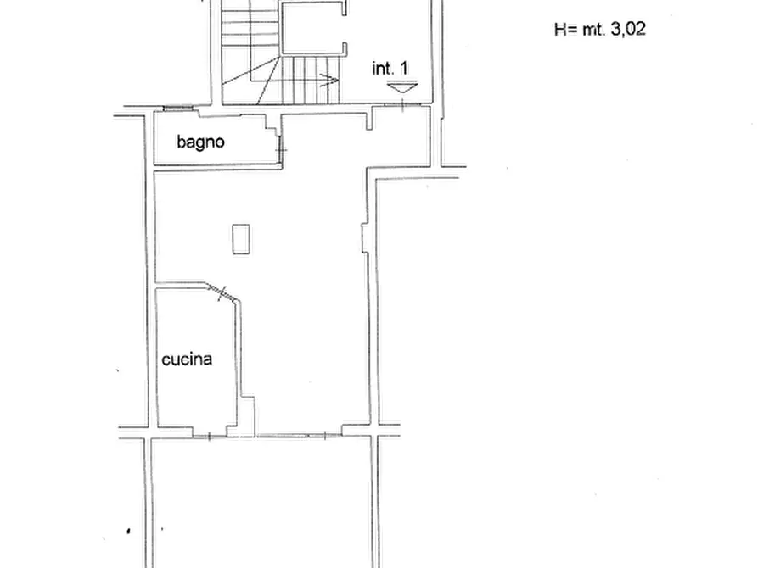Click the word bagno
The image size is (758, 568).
201,142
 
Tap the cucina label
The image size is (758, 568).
187,359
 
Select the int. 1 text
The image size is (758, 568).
390,68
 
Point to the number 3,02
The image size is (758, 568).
628,29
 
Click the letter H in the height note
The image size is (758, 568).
560,29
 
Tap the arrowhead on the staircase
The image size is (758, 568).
330,81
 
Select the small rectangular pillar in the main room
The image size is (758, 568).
241,237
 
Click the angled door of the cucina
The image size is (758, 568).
222,293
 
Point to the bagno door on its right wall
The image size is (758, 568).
281,140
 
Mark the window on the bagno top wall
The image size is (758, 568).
177,109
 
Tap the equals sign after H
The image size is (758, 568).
573,29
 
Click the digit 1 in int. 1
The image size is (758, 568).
404,68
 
